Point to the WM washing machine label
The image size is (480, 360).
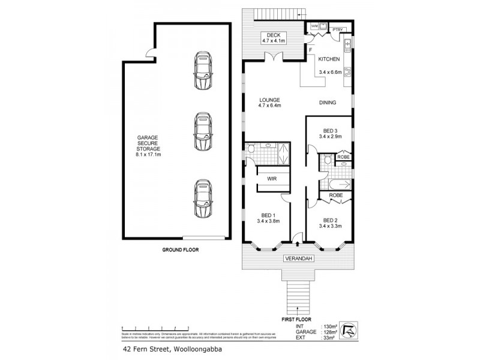point(313,26)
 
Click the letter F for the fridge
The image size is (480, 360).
point(310,51)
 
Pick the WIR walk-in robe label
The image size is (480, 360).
point(271,178)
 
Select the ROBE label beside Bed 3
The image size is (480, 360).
point(343,157)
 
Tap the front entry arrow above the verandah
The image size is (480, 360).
point(298,244)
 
